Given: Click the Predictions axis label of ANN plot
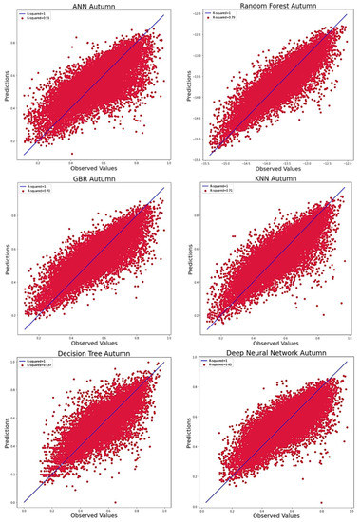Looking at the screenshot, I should tap(7, 84).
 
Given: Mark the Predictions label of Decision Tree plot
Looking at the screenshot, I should tap(7, 432).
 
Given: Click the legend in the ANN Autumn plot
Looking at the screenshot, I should tap(40, 18).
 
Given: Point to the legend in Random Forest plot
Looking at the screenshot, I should tap(220, 18).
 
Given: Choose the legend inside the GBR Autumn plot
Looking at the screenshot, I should tap(40, 191).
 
